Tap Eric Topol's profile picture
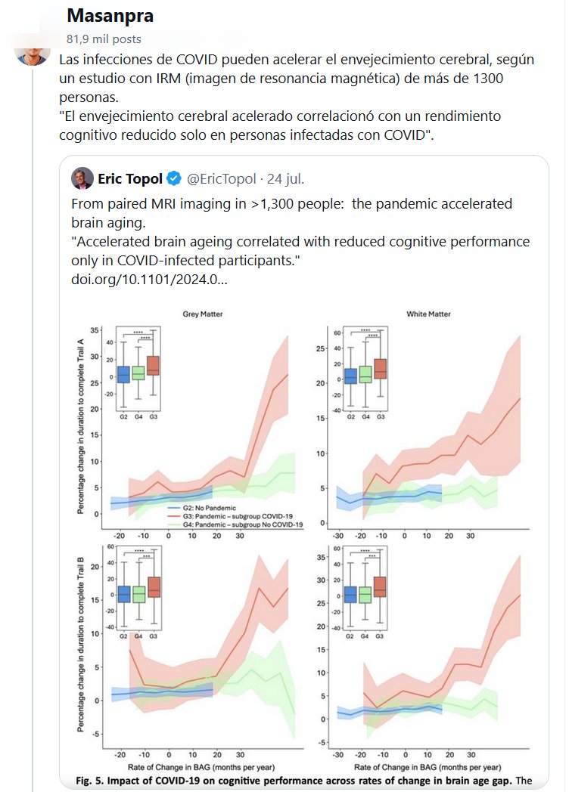click(x=82, y=179)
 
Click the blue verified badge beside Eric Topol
click(x=174, y=179)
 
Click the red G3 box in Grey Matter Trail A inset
click(x=153, y=365)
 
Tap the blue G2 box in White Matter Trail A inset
click(x=350, y=375)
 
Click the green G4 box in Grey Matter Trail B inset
click(x=138, y=594)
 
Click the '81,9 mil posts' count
click(x=104, y=39)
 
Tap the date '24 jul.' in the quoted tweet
click(x=281, y=179)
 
